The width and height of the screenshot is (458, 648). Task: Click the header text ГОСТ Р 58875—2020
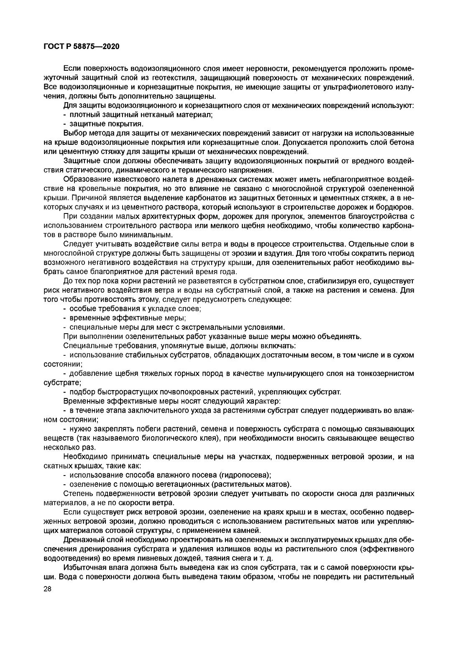click(x=81, y=46)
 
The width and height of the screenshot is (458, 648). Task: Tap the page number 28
click(x=47, y=589)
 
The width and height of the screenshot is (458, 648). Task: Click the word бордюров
click(x=394, y=207)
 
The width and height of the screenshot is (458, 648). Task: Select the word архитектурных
click(x=160, y=216)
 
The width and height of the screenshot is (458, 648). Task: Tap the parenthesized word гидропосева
click(x=246, y=475)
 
